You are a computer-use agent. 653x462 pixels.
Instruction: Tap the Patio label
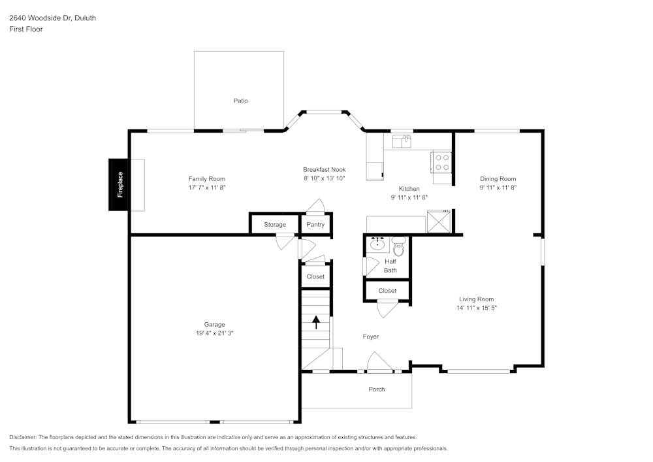[241, 101]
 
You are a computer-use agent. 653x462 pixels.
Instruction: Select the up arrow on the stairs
[316, 322]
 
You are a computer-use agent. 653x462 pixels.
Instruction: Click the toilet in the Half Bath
[398, 247]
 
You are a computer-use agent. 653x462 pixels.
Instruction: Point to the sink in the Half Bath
[377, 244]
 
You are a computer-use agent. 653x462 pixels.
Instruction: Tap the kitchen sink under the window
[401, 140]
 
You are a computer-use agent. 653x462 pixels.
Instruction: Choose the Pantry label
[315, 225]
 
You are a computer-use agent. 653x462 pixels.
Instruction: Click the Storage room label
[275, 225]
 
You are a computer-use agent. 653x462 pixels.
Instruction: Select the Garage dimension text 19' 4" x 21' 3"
[214, 333]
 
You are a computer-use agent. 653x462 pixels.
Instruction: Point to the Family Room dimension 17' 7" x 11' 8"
[206, 188]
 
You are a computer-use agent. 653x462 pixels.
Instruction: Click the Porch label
[377, 389]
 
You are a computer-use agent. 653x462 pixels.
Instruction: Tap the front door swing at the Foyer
[378, 362]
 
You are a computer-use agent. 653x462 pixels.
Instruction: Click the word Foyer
[371, 337]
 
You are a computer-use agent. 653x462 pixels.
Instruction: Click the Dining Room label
[498, 179]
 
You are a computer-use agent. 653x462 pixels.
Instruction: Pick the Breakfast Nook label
[324, 169]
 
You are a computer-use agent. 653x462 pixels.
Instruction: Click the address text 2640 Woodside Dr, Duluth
[52, 18]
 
